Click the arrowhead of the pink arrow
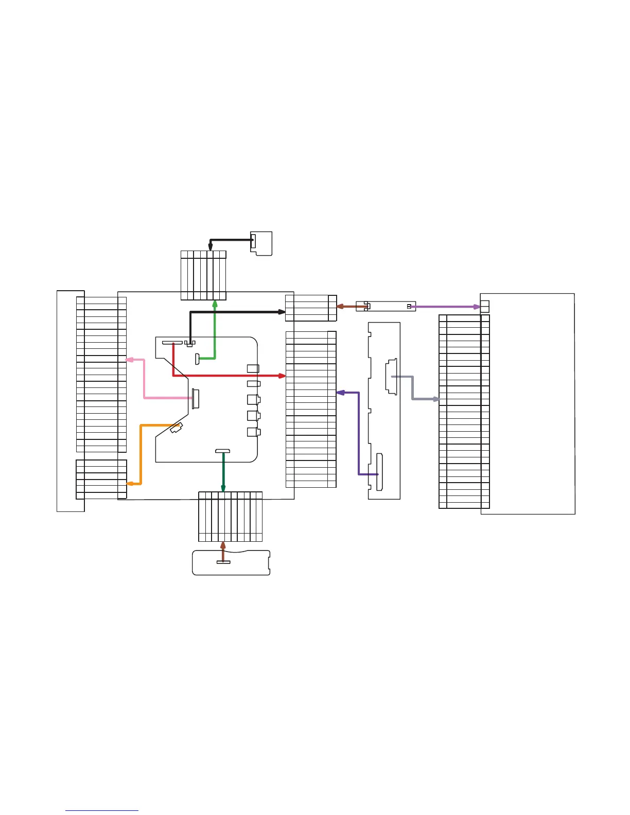(129, 360)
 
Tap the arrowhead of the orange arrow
(129, 484)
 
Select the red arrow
(226, 376)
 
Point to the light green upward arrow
(215, 329)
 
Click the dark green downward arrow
(223, 471)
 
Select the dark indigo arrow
(359, 432)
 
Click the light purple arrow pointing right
(445, 307)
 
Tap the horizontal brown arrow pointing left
(352, 307)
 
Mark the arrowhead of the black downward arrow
(210, 247)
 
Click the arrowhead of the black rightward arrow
(282, 312)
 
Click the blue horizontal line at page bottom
(102, 810)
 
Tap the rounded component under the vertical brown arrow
(231, 563)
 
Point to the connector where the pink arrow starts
(196, 399)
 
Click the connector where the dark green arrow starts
(222, 451)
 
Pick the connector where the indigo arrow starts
(380, 472)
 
